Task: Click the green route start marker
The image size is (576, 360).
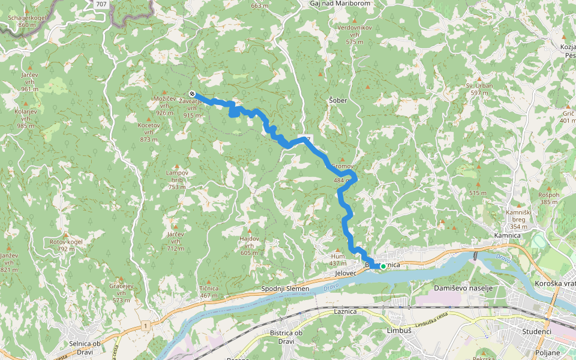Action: point(383,266)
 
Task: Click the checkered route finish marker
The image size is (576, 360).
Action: point(191,94)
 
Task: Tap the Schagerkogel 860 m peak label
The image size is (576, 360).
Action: point(26,22)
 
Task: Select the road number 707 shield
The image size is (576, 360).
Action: point(101,4)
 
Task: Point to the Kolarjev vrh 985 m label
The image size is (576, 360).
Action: point(26,118)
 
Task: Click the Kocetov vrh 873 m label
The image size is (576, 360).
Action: point(149,131)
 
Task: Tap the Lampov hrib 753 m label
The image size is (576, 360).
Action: point(176,179)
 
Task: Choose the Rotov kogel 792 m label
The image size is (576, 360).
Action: point(66,245)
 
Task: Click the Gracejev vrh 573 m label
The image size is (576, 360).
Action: point(121,292)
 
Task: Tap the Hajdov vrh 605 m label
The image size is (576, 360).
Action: point(249,245)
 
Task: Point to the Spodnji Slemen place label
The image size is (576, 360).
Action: point(285,289)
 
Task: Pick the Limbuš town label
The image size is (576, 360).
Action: point(399,331)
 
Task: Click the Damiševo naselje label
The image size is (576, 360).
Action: point(463,288)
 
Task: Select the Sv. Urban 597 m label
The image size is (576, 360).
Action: point(479,89)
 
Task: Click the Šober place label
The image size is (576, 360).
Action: point(338,100)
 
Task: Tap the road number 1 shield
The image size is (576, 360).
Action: point(145,325)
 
